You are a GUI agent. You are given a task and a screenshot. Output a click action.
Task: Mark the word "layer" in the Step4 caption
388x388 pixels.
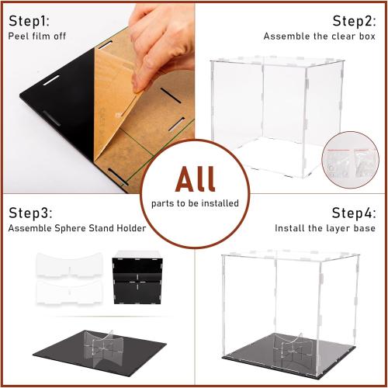pyautogui.click(x=333, y=228)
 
